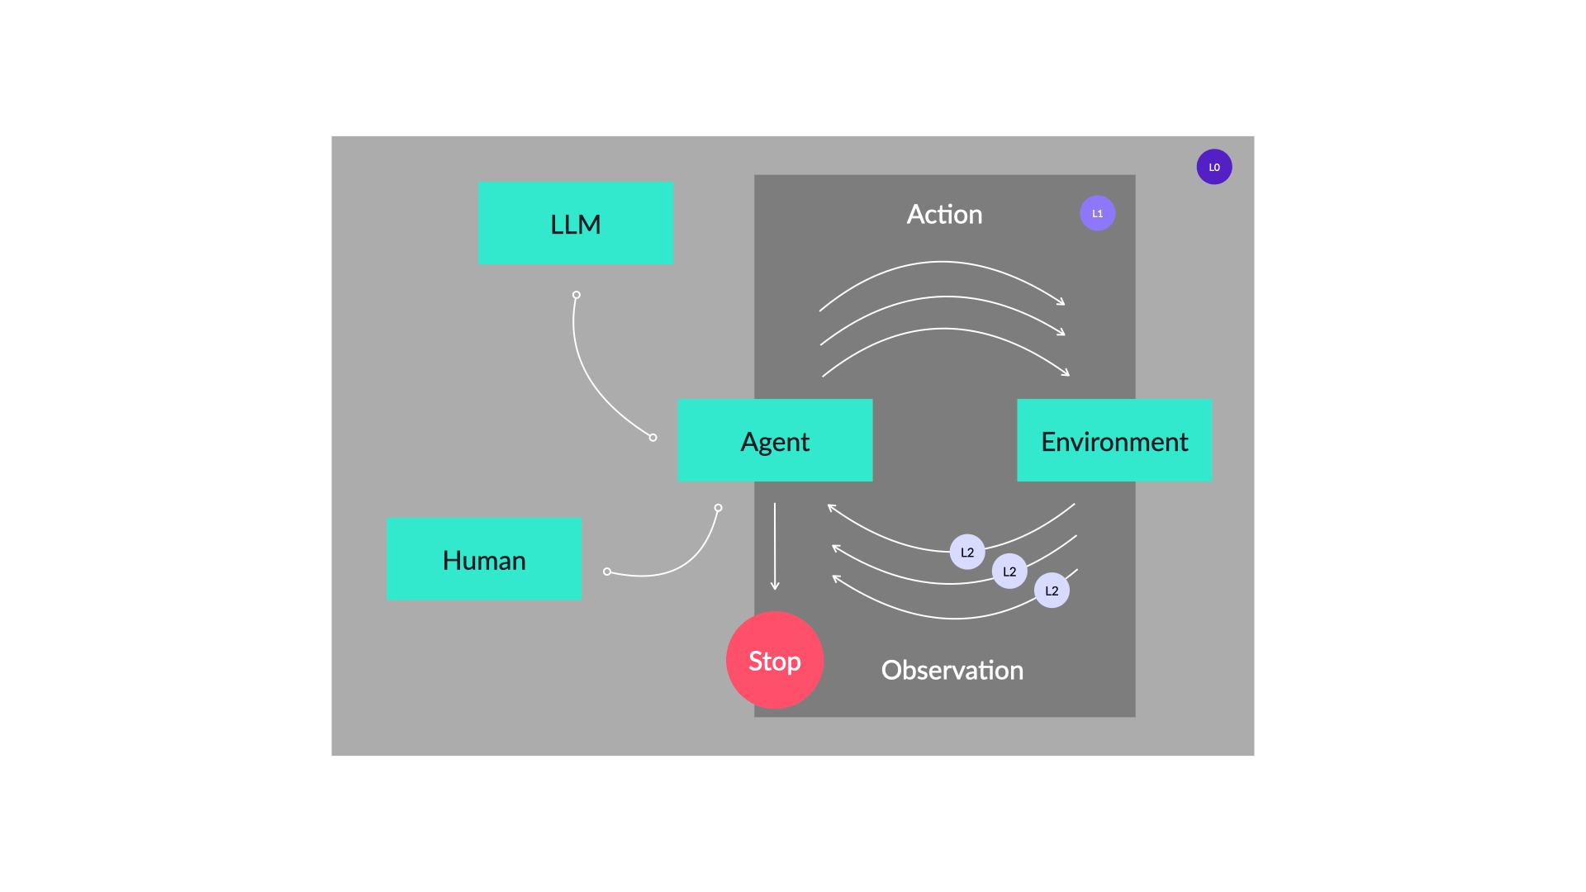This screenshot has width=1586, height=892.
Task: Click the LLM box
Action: [x=575, y=223]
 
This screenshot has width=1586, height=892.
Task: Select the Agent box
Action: [x=775, y=440]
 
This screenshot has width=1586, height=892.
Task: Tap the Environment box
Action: [x=1114, y=440]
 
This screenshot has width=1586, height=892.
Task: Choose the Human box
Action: [x=484, y=559]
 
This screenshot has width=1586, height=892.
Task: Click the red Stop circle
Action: [x=775, y=660]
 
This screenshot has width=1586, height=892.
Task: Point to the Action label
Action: [x=944, y=215]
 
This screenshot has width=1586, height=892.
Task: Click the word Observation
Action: [x=952, y=670]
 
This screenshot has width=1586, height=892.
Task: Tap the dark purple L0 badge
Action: [x=1214, y=167]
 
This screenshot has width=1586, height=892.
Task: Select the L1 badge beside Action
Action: [x=1097, y=213]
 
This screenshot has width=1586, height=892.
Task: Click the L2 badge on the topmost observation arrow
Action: [x=967, y=552]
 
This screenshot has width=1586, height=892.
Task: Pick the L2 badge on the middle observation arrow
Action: [x=1009, y=572]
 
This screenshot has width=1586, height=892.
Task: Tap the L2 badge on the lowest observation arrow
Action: [x=1052, y=591]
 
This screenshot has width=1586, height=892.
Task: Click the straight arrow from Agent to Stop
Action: [x=775, y=545]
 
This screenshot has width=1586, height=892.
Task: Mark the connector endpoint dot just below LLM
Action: [x=577, y=295]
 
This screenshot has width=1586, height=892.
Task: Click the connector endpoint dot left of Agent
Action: [x=653, y=438]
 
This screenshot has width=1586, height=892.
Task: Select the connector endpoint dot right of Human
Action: [x=607, y=572]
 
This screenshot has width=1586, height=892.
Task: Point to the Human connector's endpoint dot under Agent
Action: [x=718, y=508]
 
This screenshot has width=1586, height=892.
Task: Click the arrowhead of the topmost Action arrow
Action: [x=1062, y=303]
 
